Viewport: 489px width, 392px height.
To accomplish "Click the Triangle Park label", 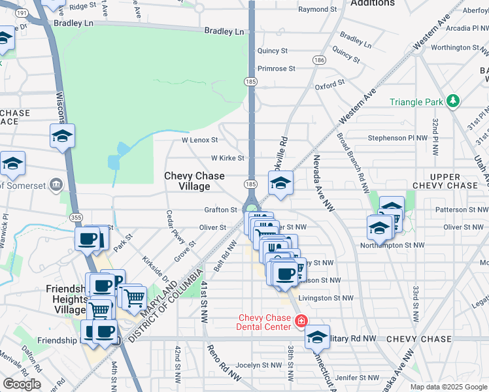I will (x=416, y=102).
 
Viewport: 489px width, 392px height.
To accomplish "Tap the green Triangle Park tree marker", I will (x=452, y=101).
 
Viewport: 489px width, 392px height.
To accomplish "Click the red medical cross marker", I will (x=301, y=321).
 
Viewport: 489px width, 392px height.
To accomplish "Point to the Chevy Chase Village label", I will (x=194, y=181).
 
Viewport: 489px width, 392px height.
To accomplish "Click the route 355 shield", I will (x=75, y=217).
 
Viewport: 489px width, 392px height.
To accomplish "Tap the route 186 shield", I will (x=319, y=60).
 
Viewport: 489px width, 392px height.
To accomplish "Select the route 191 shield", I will (x=22, y=13).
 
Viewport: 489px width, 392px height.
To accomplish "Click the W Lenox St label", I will (x=199, y=140).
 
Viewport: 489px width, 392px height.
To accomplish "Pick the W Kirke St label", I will (x=227, y=158).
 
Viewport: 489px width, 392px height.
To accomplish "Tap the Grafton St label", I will (x=220, y=210).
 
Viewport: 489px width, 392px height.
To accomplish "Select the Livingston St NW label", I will (x=320, y=298).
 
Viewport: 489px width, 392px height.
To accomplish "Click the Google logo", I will (x=22, y=384).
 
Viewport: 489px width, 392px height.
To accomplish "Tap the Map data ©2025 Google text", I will (x=448, y=387).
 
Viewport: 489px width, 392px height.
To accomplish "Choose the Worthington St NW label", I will (x=460, y=48).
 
